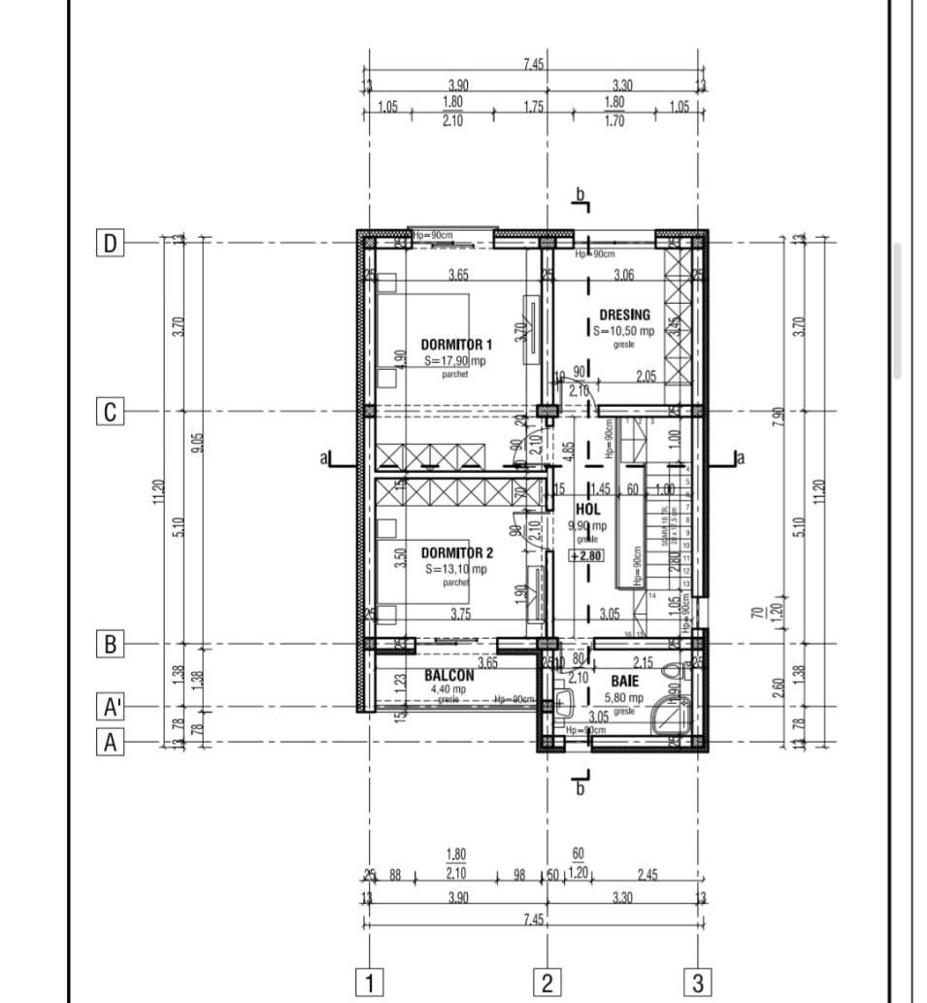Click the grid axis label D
point(111,243)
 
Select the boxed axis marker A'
point(112,706)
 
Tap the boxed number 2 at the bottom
point(546,982)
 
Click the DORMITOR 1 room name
point(456,345)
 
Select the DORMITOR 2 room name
point(456,552)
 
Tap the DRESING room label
point(624,316)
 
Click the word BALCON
point(448,676)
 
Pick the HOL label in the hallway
point(588,509)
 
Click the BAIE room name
point(624,682)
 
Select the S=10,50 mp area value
point(623,331)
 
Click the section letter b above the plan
point(580,195)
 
